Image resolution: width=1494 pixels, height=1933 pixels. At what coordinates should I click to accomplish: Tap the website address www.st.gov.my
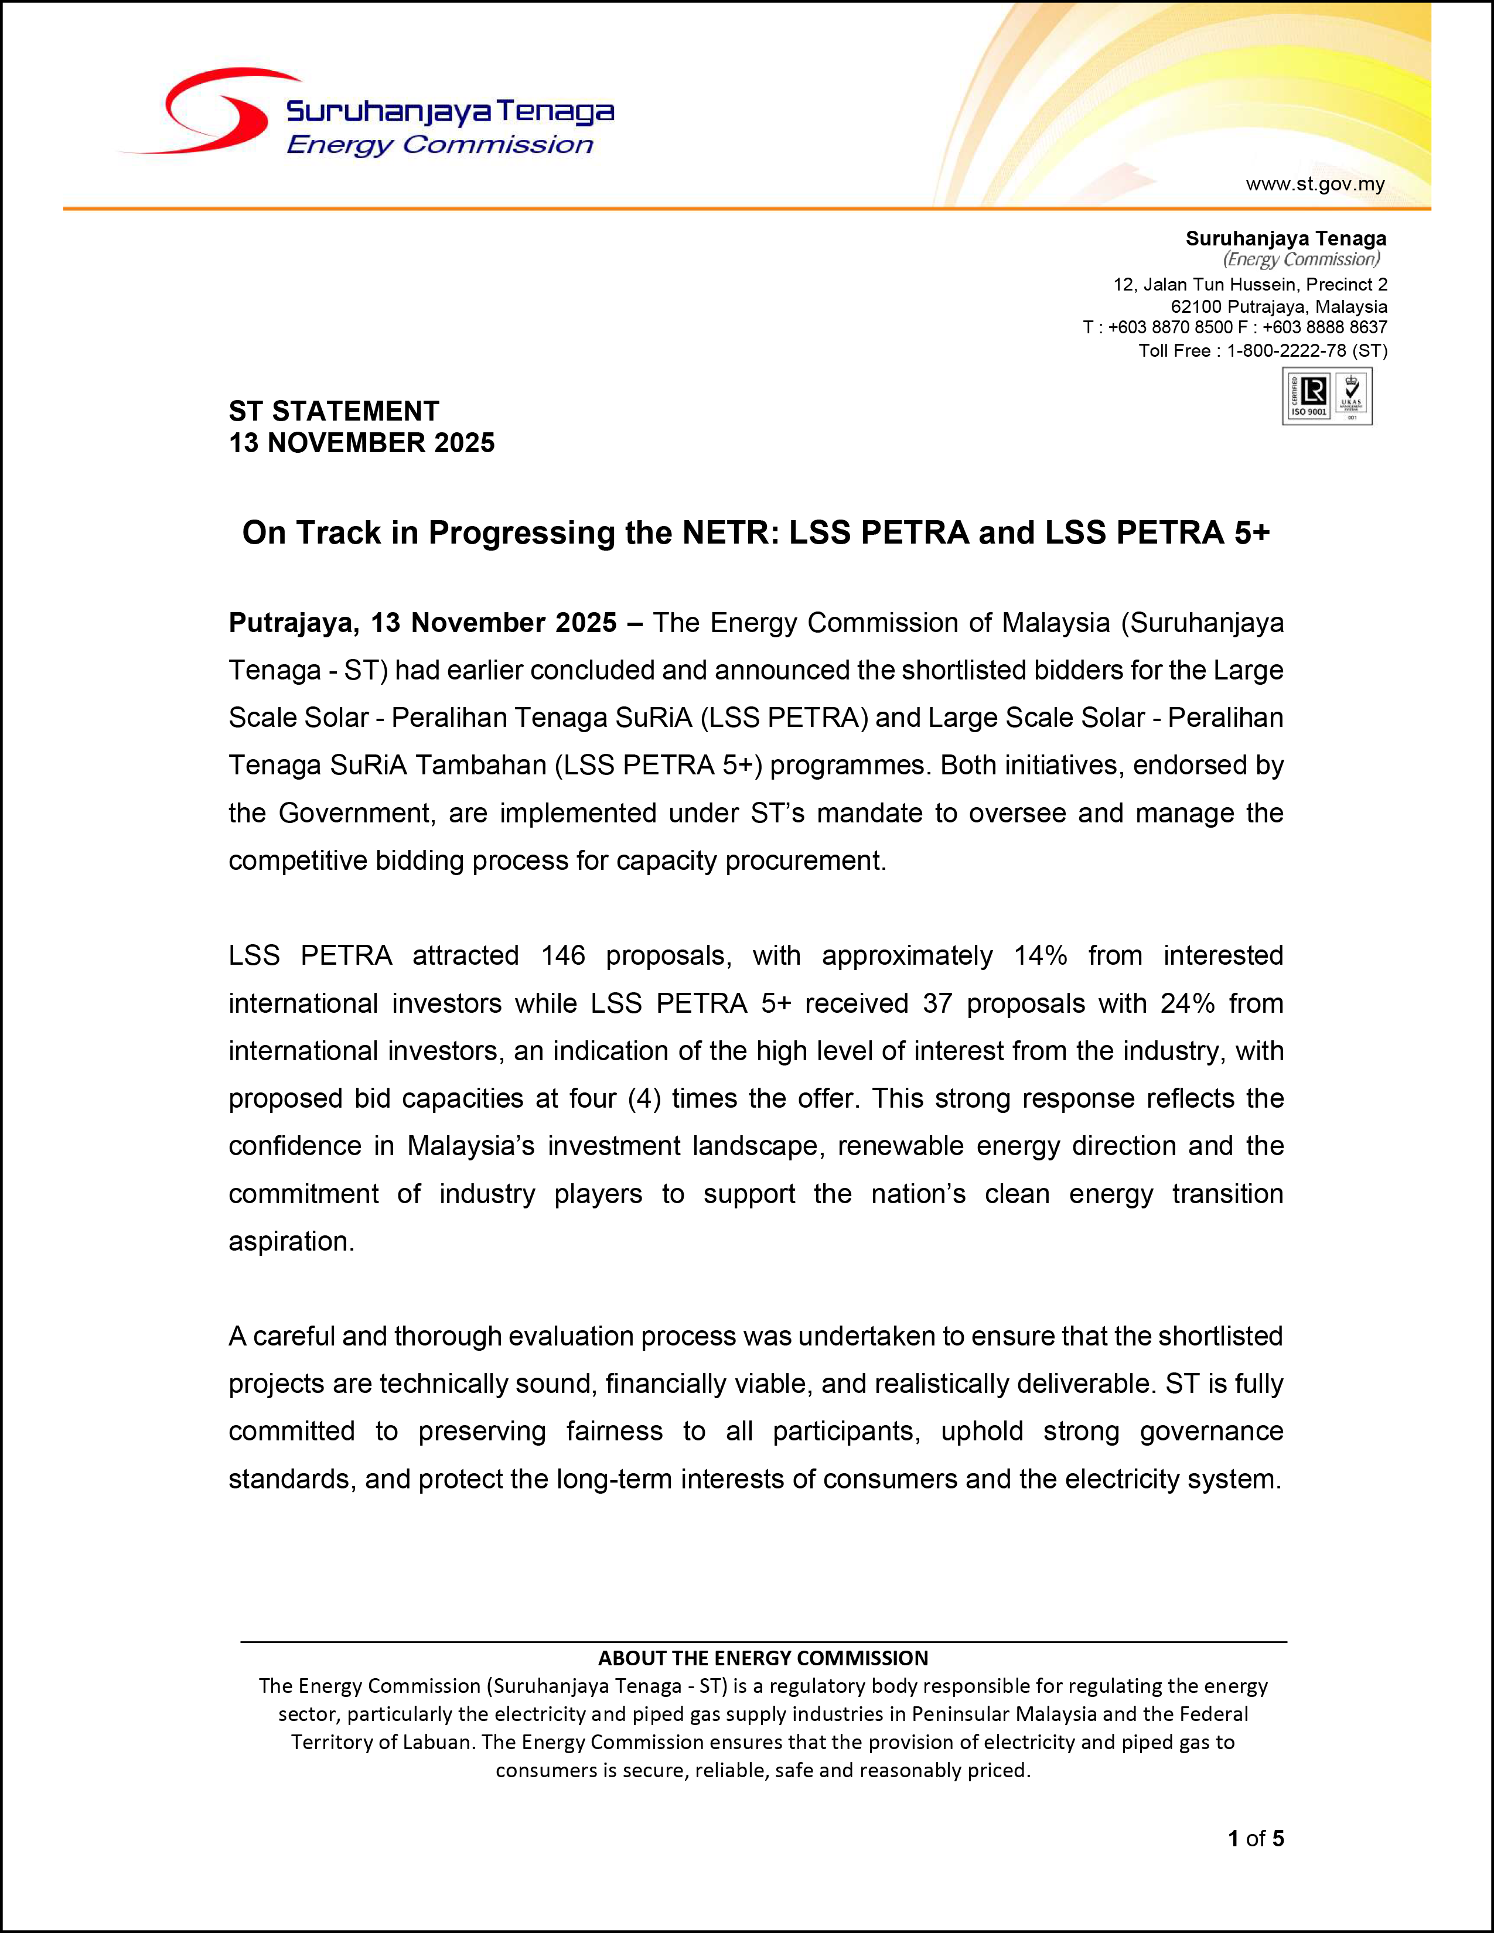1314,184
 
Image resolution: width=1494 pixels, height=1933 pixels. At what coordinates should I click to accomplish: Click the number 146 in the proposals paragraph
563,956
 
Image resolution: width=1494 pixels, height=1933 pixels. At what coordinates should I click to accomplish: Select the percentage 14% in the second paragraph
1040,956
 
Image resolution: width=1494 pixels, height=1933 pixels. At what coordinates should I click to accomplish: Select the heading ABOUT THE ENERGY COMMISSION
763,1658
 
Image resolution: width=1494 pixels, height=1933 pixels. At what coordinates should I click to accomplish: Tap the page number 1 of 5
1255,1838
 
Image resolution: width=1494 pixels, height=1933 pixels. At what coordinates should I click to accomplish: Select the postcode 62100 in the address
1195,306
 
